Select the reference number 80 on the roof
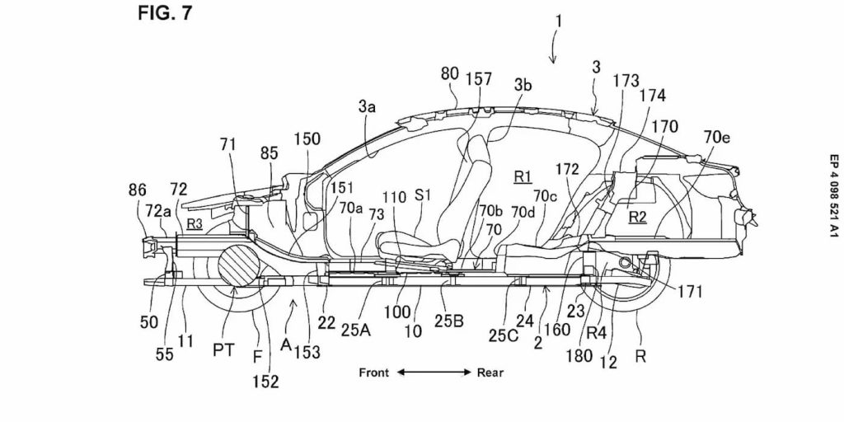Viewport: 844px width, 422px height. coord(449,74)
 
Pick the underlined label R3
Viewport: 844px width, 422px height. coord(195,223)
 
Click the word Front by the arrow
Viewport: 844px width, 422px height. coord(374,372)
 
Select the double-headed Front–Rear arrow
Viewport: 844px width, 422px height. coord(433,372)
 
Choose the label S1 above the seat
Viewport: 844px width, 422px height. coord(424,195)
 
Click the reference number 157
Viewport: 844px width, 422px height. coord(478,79)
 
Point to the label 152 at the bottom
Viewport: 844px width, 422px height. coord(265,381)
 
